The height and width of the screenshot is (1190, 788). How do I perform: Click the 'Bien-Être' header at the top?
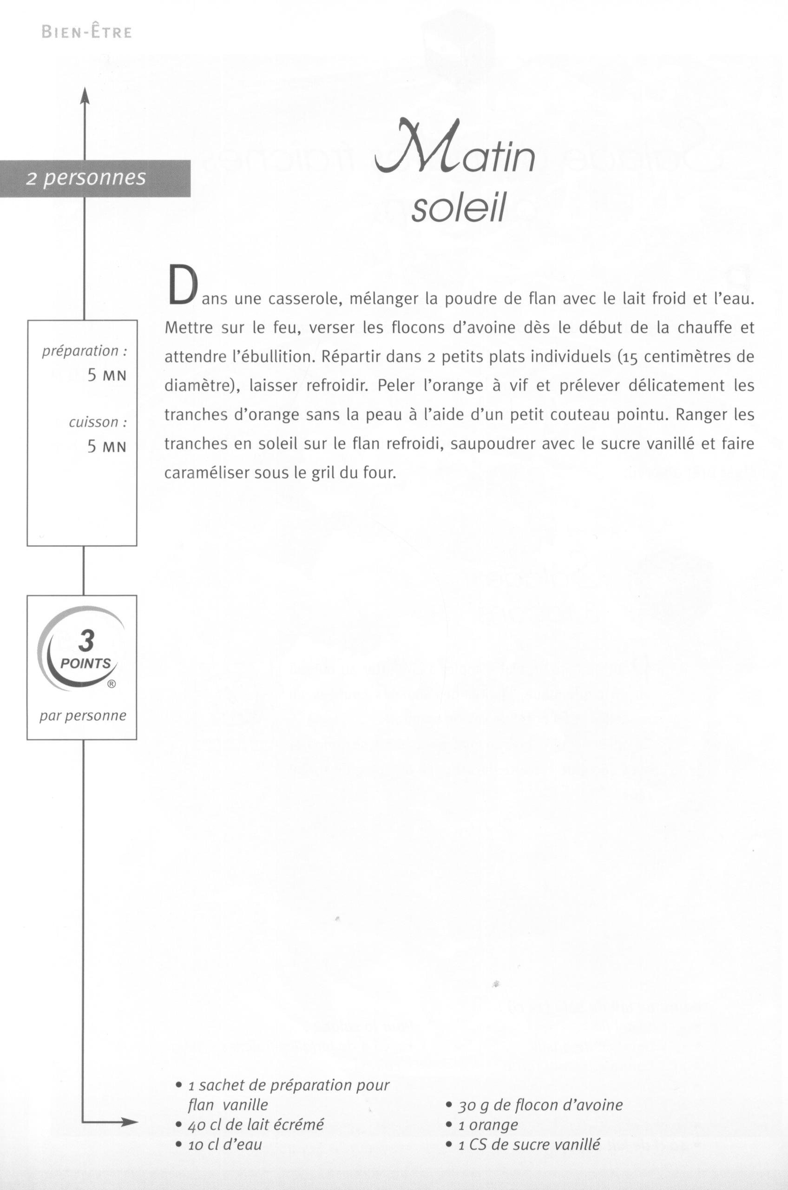(86, 32)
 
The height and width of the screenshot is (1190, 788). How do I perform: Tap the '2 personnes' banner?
(86, 178)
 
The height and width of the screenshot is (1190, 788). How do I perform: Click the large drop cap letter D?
(181, 285)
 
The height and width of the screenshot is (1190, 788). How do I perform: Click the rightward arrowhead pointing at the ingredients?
(129, 1122)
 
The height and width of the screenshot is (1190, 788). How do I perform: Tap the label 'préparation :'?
(84, 350)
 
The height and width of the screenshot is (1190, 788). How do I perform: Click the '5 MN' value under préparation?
(106, 375)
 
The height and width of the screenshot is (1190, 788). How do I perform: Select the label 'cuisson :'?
(98, 422)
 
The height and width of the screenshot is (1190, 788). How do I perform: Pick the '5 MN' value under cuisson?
(106, 446)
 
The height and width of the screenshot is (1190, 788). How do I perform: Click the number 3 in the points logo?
(86, 641)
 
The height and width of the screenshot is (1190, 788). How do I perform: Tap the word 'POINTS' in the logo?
(85, 664)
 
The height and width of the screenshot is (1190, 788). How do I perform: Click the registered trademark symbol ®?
(112, 684)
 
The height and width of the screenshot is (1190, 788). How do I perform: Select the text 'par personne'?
(83, 715)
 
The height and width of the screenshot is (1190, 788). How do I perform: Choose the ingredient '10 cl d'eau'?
(224, 1144)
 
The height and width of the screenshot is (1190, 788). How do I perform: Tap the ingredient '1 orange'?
(487, 1124)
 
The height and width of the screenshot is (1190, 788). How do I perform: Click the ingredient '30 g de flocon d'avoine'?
(540, 1105)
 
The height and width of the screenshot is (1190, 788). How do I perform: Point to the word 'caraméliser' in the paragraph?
(207, 473)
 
